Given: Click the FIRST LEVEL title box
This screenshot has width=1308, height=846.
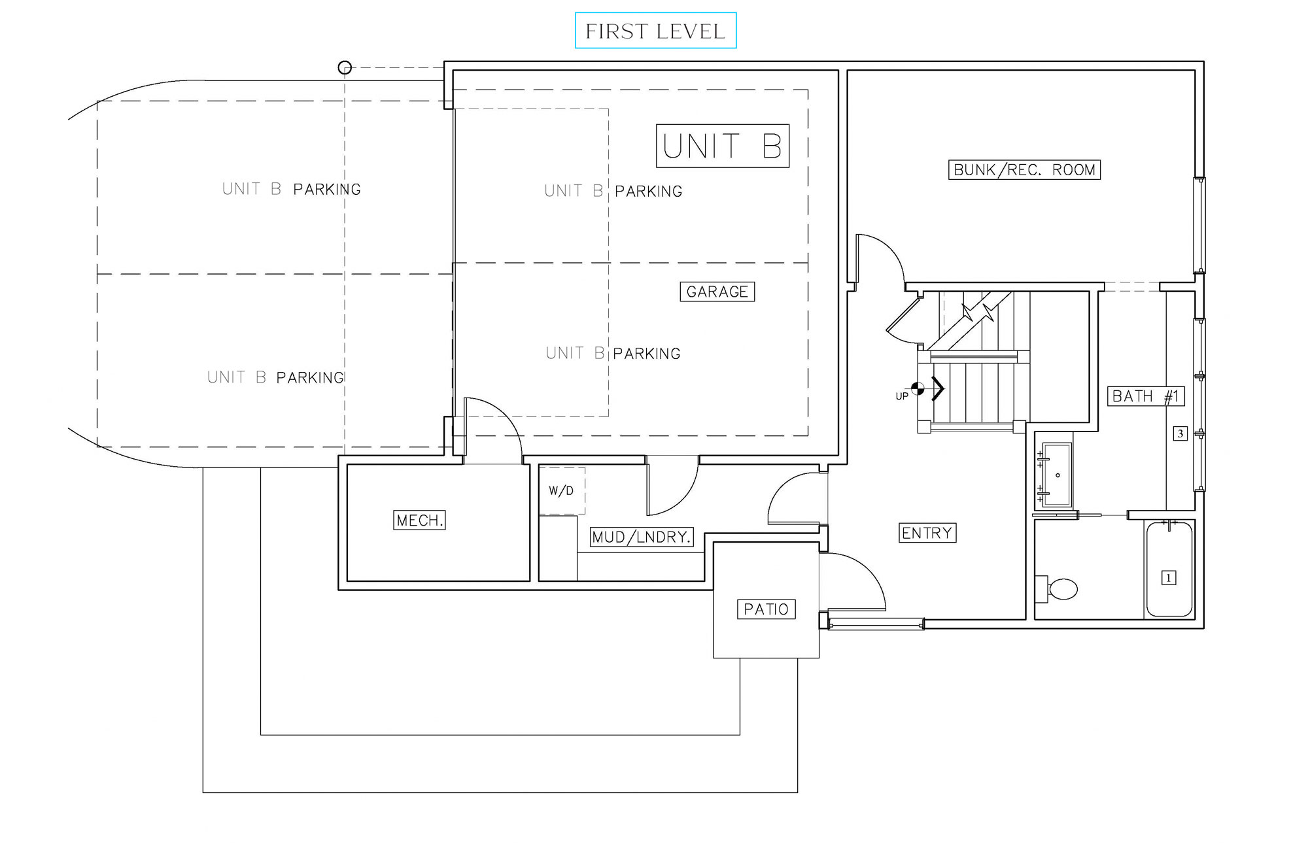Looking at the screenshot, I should tap(655, 31).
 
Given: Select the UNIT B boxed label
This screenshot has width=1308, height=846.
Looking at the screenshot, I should tap(722, 146).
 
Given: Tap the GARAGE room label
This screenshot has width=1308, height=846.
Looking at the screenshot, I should tap(717, 292).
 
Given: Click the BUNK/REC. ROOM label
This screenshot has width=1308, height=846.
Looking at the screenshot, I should tap(1024, 170).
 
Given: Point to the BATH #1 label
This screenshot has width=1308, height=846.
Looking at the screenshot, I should tap(1145, 396).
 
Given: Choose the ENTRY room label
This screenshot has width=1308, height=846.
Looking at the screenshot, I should tap(927, 533).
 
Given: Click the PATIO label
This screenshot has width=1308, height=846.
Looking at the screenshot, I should tap(766, 609).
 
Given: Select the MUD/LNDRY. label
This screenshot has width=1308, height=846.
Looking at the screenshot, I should tap(641, 537).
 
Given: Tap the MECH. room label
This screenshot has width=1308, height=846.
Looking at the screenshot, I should tap(419, 520).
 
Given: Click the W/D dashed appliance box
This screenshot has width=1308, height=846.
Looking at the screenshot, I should tap(562, 490).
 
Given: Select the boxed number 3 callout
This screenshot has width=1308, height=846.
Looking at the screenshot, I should tap(1180, 433).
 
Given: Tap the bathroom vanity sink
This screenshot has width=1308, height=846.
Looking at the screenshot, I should tap(1056, 475).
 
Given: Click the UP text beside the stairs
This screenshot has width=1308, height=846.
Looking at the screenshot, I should tap(901, 396).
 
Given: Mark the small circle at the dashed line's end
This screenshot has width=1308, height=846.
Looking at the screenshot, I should tap(345, 67).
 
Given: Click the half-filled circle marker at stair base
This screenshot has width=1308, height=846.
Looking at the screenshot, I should tap(918, 389).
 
